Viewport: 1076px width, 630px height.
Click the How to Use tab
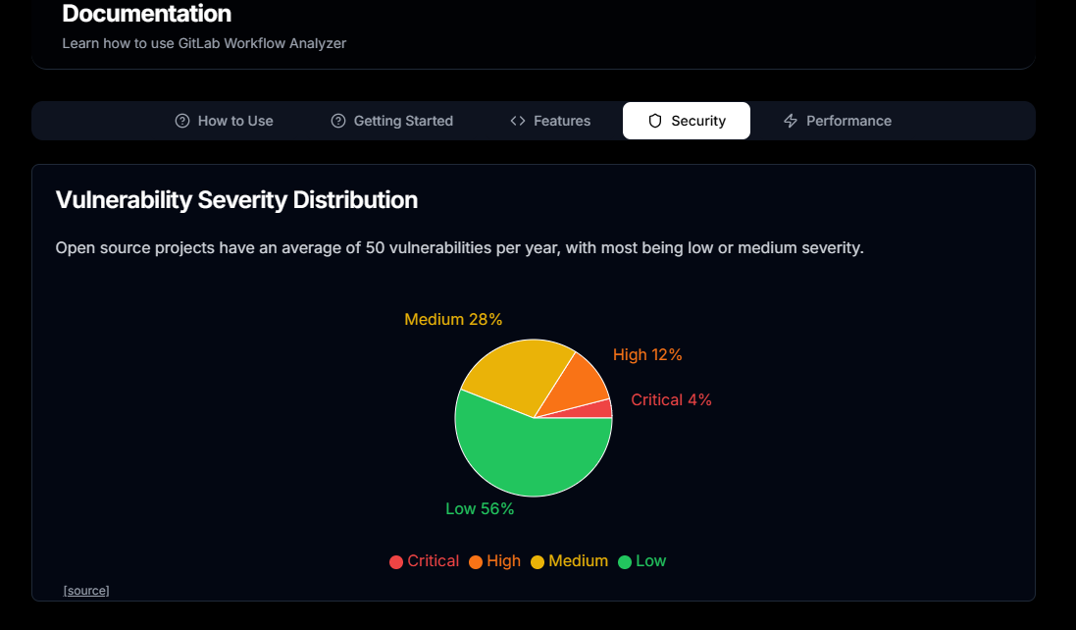224,121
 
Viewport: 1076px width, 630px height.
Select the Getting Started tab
391,121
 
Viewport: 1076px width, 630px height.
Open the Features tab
550,121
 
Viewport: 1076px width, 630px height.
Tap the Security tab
687,121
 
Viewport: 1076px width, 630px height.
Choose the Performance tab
838,121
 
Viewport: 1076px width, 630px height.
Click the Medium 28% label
453,319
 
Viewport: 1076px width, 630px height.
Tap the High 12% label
647,354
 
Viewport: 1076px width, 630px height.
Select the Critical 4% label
671,399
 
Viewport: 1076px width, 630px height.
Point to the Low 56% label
480,508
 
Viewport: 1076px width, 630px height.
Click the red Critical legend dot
396,562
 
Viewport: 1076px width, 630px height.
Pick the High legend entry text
503,560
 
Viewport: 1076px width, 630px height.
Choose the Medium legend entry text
578,560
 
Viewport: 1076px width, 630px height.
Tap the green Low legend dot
625,562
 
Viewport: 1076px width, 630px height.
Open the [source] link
86,590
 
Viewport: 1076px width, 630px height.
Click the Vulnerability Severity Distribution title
236,200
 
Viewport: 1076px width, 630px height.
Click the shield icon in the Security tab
655,121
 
